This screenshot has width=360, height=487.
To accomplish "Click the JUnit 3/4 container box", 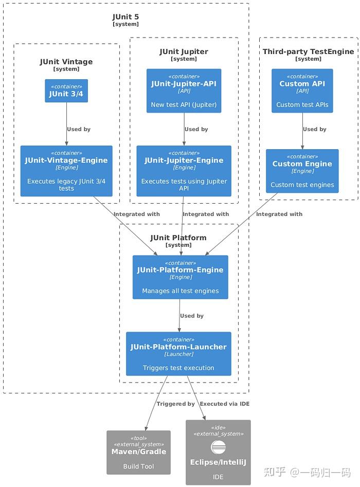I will (66, 91).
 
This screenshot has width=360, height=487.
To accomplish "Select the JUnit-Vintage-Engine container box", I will (66, 171).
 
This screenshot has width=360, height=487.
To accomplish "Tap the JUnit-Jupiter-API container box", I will (184, 91).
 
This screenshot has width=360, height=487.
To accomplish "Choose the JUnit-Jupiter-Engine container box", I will (184, 171).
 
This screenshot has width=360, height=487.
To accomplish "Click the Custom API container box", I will (302, 91).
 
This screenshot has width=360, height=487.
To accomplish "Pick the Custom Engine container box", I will (302, 171).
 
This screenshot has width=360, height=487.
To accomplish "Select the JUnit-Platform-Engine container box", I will (180, 277).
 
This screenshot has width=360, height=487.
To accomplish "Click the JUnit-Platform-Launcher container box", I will (178, 354).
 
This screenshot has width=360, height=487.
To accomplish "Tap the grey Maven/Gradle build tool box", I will (138, 452).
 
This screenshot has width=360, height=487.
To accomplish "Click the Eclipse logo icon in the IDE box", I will (218, 447).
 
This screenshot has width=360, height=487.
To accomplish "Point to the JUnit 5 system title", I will (125, 17).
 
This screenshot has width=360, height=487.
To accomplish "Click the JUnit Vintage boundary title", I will (66, 62).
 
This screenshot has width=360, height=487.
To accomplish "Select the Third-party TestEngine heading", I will (308, 51).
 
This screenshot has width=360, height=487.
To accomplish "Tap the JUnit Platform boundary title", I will (178, 238).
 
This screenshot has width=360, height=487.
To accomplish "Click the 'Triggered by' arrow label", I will (175, 404).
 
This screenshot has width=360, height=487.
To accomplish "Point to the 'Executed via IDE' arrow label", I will (224, 404).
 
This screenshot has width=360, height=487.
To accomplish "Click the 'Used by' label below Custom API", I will (314, 129).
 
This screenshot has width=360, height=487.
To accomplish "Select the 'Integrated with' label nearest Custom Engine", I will (279, 214).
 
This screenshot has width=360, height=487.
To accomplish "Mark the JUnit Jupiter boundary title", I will (184, 51).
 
